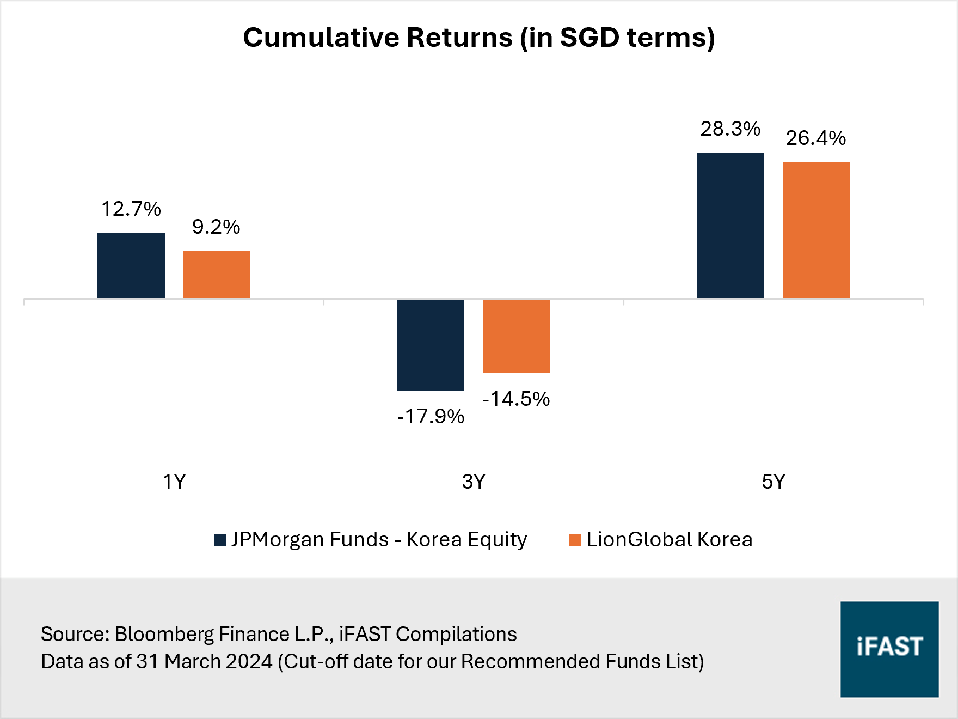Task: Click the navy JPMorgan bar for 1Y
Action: [x=131, y=266]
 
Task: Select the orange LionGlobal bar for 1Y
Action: [x=216, y=275]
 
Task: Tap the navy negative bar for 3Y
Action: [x=431, y=344]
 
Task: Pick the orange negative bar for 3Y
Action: [x=516, y=336]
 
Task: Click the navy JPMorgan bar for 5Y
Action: [x=730, y=225]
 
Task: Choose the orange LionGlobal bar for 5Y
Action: [x=816, y=230]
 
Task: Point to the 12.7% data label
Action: [x=131, y=209]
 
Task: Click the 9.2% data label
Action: [x=216, y=227]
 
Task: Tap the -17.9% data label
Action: [x=431, y=417]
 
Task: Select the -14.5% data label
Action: [x=516, y=399]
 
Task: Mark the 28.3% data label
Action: [x=730, y=129]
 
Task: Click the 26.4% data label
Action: [x=816, y=138]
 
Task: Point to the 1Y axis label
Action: [x=174, y=482]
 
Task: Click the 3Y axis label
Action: [x=474, y=482]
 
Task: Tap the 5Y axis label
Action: [x=773, y=482]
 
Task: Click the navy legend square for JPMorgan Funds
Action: [x=220, y=540]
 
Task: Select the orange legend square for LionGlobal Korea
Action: [x=575, y=540]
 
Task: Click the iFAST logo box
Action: [x=889, y=649]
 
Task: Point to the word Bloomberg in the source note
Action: [x=164, y=634]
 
